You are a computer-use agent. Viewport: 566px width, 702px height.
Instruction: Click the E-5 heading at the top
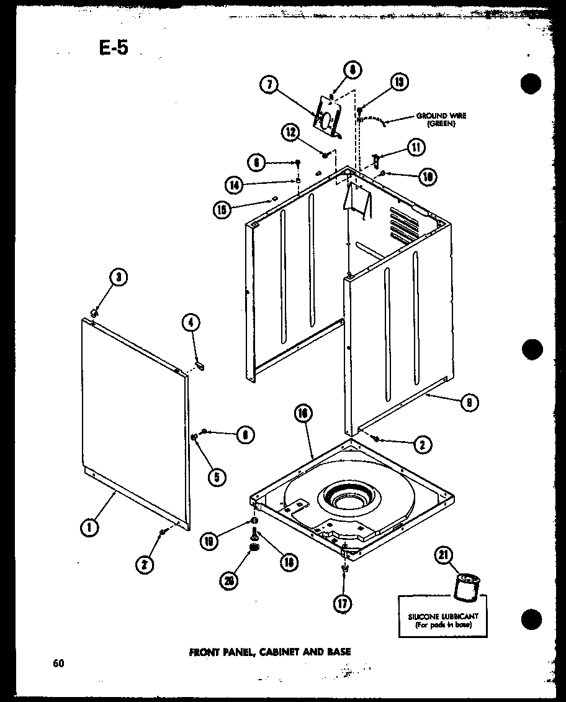coord(113,47)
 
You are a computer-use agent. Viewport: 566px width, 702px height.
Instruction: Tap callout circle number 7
coord(268,86)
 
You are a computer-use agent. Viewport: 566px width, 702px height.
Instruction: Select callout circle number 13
coord(398,81)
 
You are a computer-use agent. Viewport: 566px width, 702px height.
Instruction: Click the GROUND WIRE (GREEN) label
coord(441,119)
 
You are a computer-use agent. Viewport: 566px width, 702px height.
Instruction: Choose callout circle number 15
coord(221,209)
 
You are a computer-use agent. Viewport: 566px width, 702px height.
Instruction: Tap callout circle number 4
coord(191,322)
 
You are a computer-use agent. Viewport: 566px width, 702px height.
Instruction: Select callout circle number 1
coord(89,527)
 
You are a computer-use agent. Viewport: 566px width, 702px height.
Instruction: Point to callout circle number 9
coord(469,403)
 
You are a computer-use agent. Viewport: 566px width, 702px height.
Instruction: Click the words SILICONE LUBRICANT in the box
coord(443,616)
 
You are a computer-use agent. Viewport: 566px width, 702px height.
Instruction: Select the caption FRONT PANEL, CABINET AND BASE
coord(269,652)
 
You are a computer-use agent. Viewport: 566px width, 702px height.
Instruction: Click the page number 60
coord(58,663)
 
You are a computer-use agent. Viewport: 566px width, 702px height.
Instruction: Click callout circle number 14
coord(233,185)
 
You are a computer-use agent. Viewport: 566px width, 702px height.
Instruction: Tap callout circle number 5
coord(217,477)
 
